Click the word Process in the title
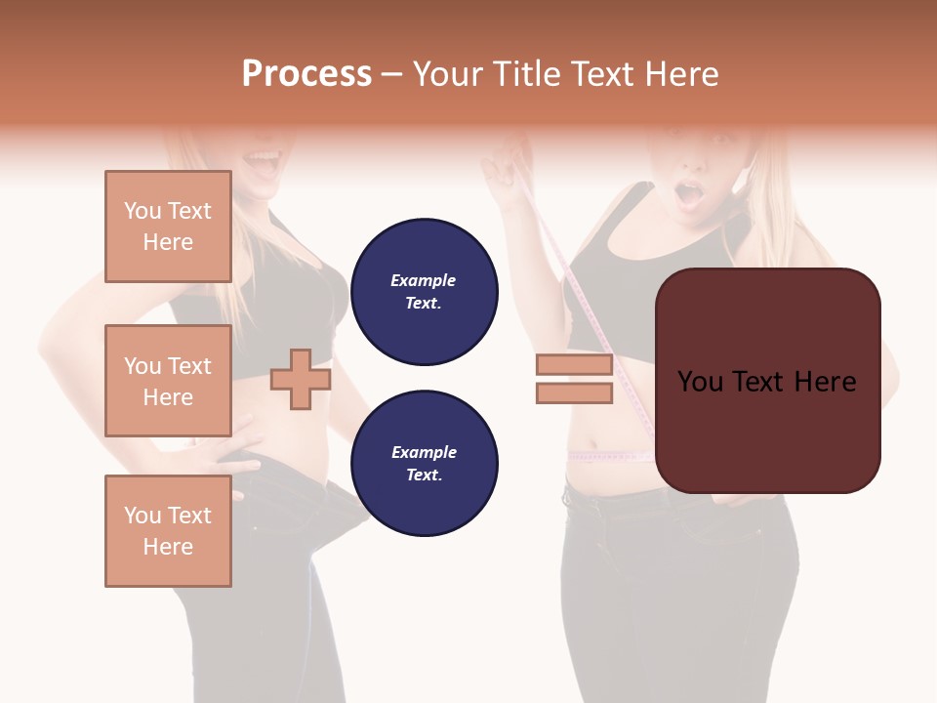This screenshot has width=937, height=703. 306,74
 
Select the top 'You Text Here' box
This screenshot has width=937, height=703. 168,227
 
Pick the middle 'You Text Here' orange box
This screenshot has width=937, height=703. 168,381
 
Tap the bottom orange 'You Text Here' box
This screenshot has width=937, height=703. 168,530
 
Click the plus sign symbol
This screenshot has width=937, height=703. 301,379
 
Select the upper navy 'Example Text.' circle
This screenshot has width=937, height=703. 424,292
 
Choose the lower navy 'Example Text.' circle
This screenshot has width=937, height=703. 424,463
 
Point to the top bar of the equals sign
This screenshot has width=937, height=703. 574,365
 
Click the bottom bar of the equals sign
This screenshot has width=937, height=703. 574,393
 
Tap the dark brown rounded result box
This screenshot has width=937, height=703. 767,381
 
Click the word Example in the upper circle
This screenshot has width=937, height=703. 423,280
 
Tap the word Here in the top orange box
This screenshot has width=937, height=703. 168,242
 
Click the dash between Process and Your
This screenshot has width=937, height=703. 392,74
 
